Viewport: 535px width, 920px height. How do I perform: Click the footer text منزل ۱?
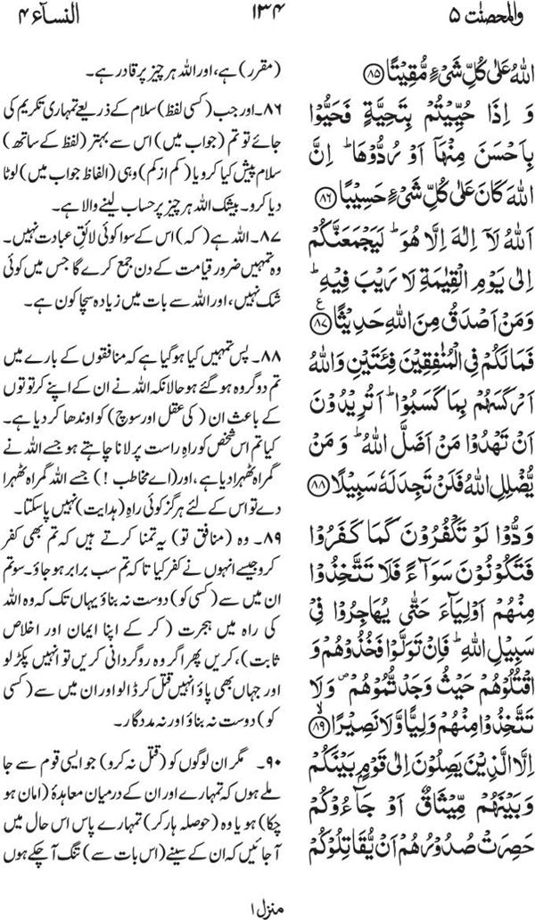pos(267,902)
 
